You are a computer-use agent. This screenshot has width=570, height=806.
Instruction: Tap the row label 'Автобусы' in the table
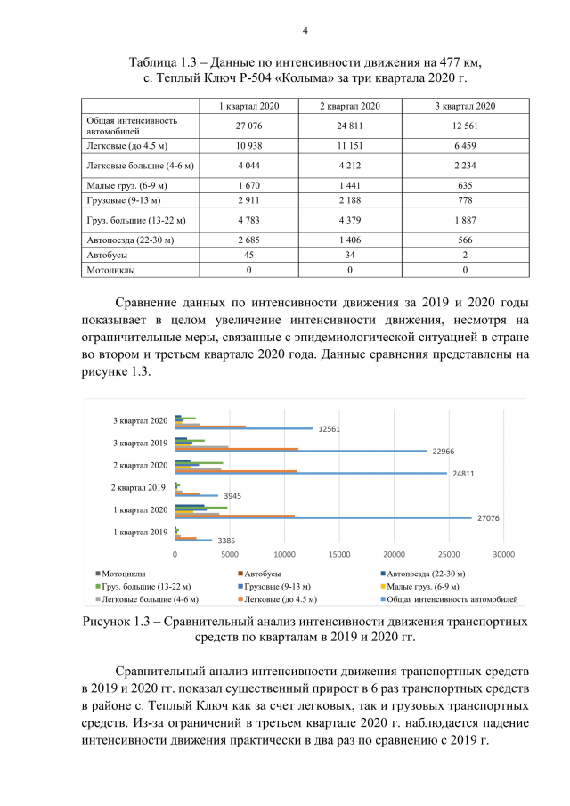pos(107,254)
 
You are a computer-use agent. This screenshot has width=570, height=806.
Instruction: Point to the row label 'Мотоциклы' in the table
pos(110,268)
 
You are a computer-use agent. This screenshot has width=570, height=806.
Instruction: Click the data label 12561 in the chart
pos(329,428)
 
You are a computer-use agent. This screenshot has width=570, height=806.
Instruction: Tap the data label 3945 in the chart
pos(233,495)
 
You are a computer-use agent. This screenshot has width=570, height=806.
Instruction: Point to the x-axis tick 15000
pos(339,553)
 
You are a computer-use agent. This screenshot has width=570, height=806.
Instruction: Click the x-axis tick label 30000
pos(504,553)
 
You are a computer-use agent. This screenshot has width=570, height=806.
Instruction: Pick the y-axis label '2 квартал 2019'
pos(139,487)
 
